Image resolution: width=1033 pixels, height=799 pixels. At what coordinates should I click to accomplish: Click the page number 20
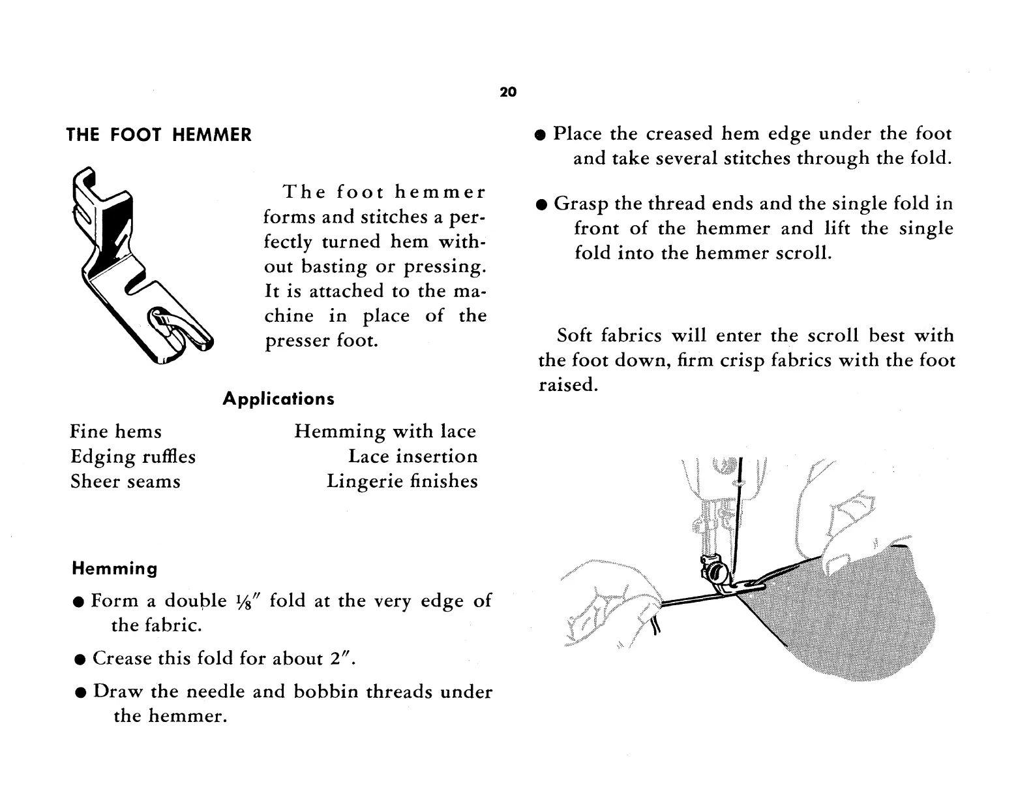pos(508,92)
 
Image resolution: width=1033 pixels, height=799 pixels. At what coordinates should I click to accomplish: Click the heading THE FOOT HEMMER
pos(159,135)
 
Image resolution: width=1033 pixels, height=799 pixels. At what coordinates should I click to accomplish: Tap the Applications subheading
pos(278,399)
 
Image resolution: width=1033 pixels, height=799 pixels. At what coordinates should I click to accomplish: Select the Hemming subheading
pos(114,569)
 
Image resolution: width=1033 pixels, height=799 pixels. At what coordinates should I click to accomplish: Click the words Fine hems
pos(115,431)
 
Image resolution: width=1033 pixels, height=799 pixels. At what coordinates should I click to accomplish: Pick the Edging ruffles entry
pos(132,456)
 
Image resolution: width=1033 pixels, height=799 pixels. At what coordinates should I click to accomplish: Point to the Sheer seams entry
pos(125,482)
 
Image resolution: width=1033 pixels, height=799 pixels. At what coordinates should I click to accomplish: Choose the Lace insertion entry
pos(412,456)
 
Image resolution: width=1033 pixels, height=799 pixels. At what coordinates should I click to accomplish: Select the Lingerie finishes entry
pos(402,482)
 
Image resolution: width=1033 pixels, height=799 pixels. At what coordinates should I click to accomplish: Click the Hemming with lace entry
pos(385,431)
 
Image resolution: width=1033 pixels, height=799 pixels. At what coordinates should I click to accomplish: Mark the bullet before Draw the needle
pos(79,693)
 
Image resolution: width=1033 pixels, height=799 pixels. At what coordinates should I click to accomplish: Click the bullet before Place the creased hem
pos(539,135)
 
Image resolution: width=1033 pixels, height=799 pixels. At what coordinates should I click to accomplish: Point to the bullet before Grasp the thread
pos(540,205)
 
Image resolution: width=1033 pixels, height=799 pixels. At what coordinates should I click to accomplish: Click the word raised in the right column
pos(567,385)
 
